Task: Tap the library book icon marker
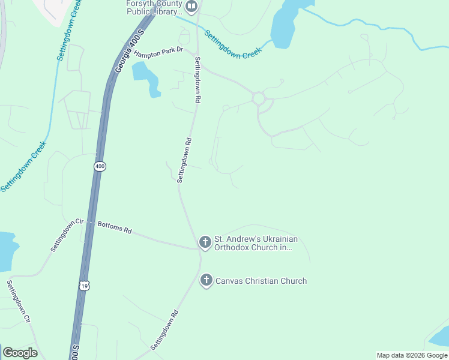[x=191, y=7]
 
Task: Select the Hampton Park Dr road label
[x=158, y=53]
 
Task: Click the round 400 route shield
[x=100, y=166]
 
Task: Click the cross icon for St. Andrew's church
[x=205, y=242]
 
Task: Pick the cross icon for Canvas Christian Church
[x=206, y=280]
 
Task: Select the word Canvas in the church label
[x=230, y=281]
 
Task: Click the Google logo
[x=20, y=353]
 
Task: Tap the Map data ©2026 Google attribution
[x=412, y=355]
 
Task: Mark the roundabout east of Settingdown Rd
[x=259, y=98]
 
